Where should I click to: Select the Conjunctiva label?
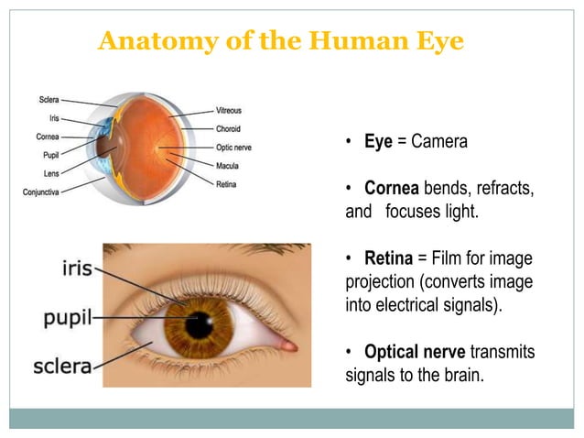coord(41,192)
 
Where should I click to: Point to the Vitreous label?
coord(230,110)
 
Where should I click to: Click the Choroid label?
coord(229,128)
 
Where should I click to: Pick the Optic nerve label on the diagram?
coord(234,147)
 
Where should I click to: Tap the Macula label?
coord(228,166)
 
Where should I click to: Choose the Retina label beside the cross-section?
coord(227,184)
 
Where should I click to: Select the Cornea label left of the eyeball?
coord(48,137)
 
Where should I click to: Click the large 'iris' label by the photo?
coord(75,269)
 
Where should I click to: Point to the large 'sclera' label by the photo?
coord(62,367)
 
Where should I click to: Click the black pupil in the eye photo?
coord(198,323)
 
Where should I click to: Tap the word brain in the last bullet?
coord(460,374)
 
